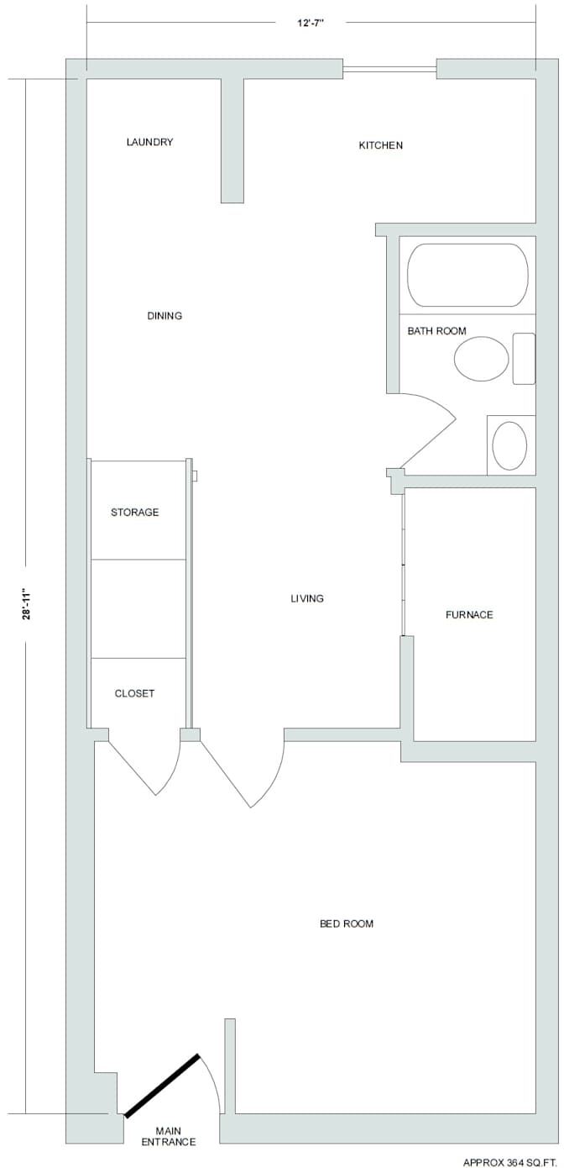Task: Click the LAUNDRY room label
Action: (149, 142)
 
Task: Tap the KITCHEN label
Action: (380, 145)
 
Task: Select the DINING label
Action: (164, 316)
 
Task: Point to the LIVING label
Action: (307, 598)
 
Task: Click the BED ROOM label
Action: (346, 923)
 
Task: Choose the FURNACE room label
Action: (469, 615)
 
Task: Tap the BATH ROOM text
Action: (436, 331)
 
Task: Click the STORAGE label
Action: (134, 512)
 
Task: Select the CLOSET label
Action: (134, 693)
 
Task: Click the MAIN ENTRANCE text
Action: (168, 1136)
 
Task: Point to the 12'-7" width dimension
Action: (311, 24)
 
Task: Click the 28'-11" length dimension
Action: (27, 604)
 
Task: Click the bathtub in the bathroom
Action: (467, 275)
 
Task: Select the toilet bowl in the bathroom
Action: (481, 359)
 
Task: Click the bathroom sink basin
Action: (509, 445)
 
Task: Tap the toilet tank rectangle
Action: (524, 359)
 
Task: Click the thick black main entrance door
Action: (162, 1086)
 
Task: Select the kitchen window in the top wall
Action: (389, 69)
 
